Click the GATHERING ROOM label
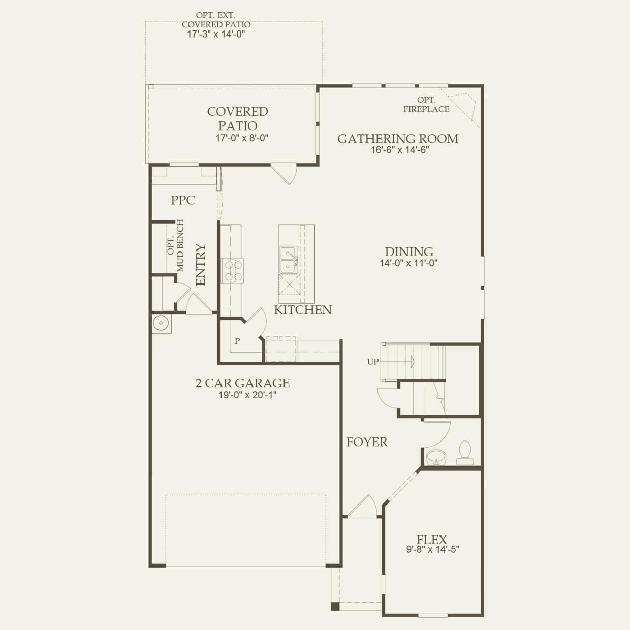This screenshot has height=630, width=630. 397,139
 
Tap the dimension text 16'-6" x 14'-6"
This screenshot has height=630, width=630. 400,150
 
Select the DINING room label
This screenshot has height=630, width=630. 409,251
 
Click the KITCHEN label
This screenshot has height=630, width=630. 303,310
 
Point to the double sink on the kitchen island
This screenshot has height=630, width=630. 289,260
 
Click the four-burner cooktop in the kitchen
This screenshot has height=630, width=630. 233,271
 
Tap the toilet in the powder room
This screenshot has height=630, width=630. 465,453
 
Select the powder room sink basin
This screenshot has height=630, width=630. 436,457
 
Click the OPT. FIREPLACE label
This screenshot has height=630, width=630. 426,105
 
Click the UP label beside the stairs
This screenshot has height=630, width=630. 373,362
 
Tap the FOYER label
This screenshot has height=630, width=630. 367,442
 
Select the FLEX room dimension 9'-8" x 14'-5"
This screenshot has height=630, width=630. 433,549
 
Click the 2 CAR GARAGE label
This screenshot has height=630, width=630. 242,383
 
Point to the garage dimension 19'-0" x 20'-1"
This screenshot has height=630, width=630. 247,395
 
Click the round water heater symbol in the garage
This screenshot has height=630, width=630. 161,324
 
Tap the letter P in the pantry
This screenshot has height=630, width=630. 237,341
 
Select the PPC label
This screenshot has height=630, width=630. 183,200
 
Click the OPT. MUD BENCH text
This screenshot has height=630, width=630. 176,246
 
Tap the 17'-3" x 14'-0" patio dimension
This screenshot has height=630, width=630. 216,34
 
